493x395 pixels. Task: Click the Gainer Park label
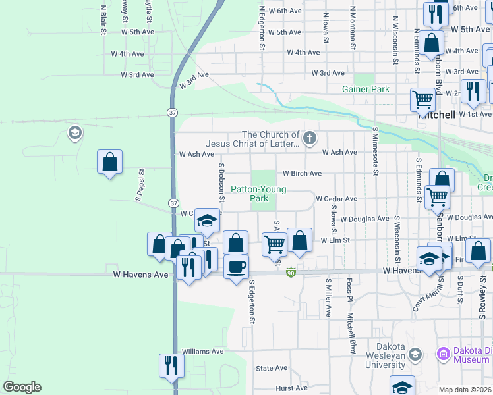365,89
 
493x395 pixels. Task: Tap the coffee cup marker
236,267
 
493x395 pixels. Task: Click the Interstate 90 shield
291,271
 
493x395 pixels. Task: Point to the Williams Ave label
203,352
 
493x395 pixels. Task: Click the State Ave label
272,368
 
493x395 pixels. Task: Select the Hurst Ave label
292,388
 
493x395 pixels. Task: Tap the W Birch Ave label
302,174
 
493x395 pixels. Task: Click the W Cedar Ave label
336,199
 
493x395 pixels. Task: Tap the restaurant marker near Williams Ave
171,365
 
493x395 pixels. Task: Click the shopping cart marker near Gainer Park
422,99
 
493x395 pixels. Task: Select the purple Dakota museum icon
442,355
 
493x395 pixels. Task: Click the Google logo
22,387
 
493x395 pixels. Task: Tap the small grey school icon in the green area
74,134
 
